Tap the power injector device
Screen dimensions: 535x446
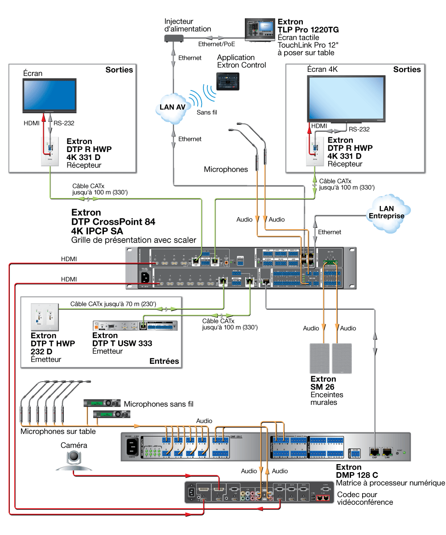point(174,39)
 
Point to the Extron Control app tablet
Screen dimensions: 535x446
point(228,81)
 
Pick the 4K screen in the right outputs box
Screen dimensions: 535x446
point(346,98)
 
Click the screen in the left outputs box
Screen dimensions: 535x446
point(50,95)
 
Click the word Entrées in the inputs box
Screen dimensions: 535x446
point(164,361)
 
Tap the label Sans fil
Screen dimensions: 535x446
point(206,112)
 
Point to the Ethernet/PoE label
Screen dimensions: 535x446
point(216,44)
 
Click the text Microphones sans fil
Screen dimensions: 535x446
point(158,404)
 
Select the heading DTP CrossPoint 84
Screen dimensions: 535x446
point(113,222)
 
